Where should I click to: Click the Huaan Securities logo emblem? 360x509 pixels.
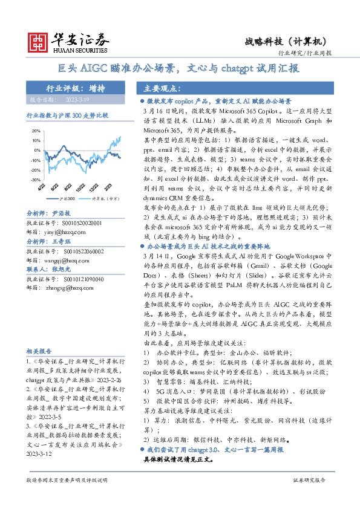click(39, 41)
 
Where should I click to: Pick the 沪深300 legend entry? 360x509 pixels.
click(67, 197)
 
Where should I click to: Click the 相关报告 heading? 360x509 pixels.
click(40, 351)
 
